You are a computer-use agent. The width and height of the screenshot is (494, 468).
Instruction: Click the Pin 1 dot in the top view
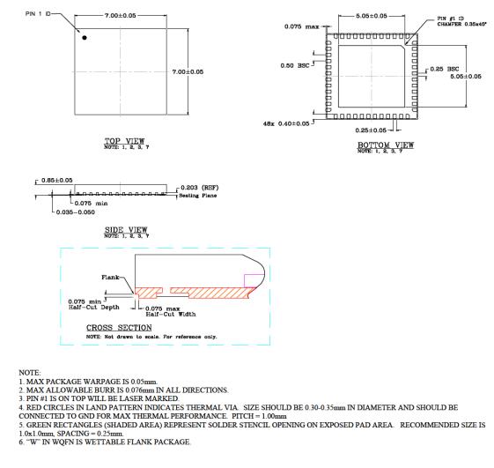85,37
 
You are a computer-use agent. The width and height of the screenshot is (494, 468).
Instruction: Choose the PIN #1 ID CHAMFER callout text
441,18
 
